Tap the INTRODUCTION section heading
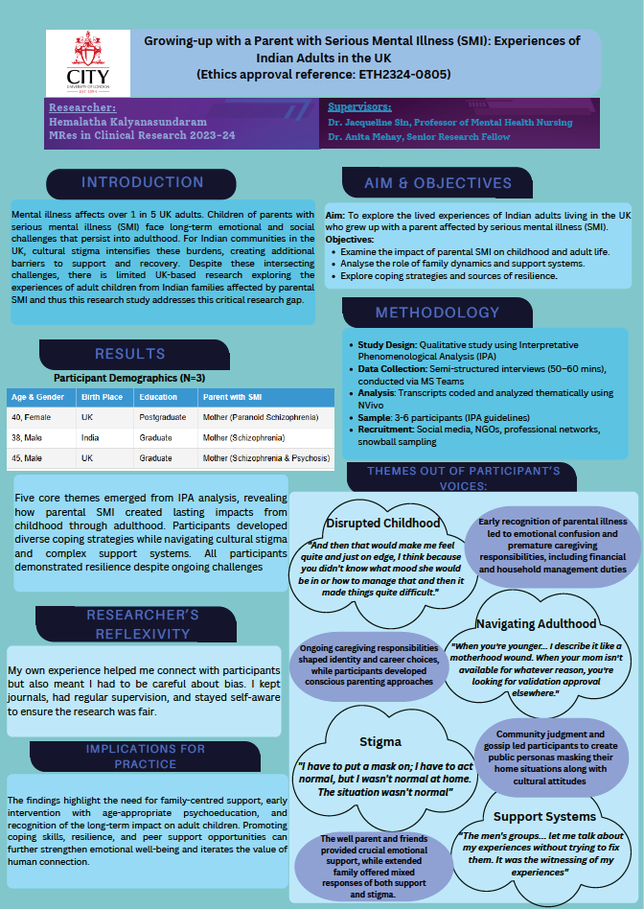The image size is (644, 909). tap(142, 183)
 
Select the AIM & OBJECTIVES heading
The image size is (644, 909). tap(437, 183)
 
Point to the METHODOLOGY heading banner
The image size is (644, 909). tap(437, 313)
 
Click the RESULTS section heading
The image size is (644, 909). tap(130, 354)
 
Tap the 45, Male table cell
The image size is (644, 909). tap(29, 458)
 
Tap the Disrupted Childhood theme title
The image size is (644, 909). tap(383, 523)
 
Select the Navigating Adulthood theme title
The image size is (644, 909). tap(536, 623)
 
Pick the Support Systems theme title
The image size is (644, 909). tap(544, 816)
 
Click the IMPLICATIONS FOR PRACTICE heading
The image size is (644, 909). tap(146, 755)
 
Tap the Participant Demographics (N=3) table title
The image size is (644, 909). tap(129, 378)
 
